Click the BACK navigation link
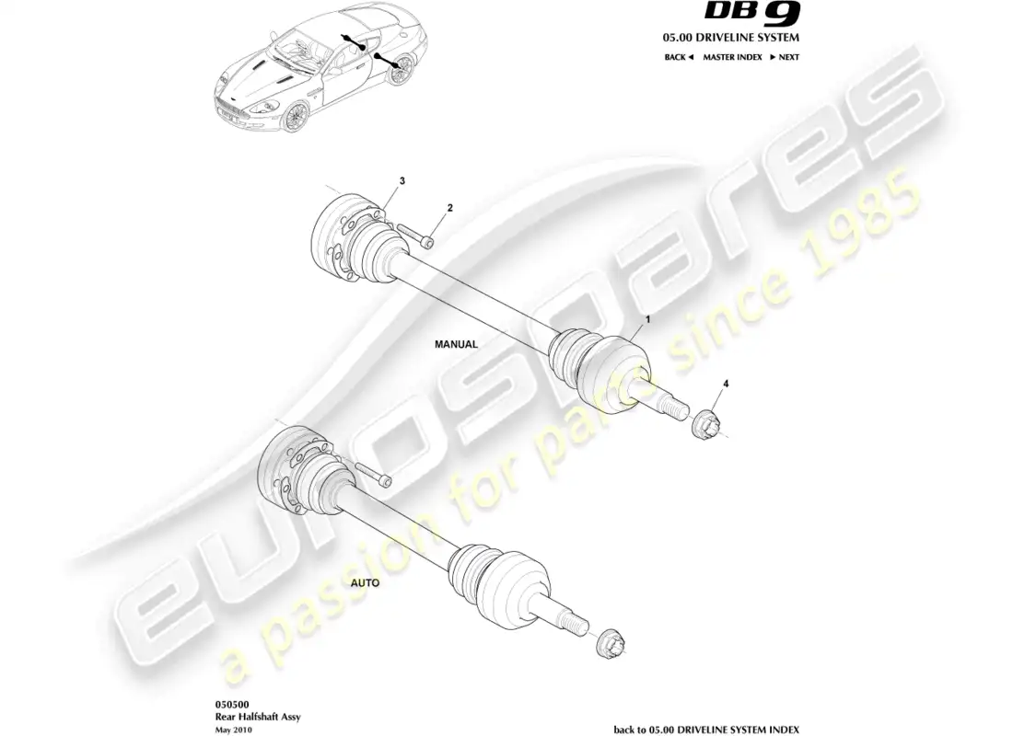[679, 57]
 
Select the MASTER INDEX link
[733, 57]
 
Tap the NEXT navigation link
[785, 57]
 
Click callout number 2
[449, 209]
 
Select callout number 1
[647, 319]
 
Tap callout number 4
[726, 383]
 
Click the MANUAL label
[456, 344]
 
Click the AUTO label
[363, 583]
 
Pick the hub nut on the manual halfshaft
[706, 422]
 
